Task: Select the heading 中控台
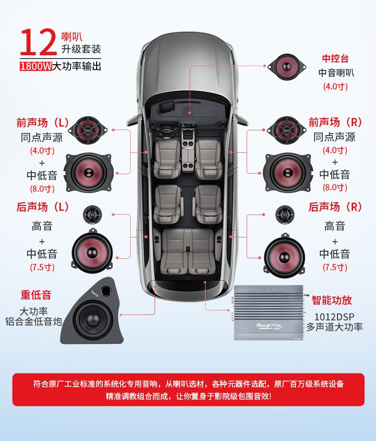point(336,59)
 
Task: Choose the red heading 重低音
point(36,294)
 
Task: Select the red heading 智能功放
point(332,300)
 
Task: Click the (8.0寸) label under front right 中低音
point(336,187)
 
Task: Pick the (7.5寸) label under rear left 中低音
point(42,267)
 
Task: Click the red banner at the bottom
point(188,390)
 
